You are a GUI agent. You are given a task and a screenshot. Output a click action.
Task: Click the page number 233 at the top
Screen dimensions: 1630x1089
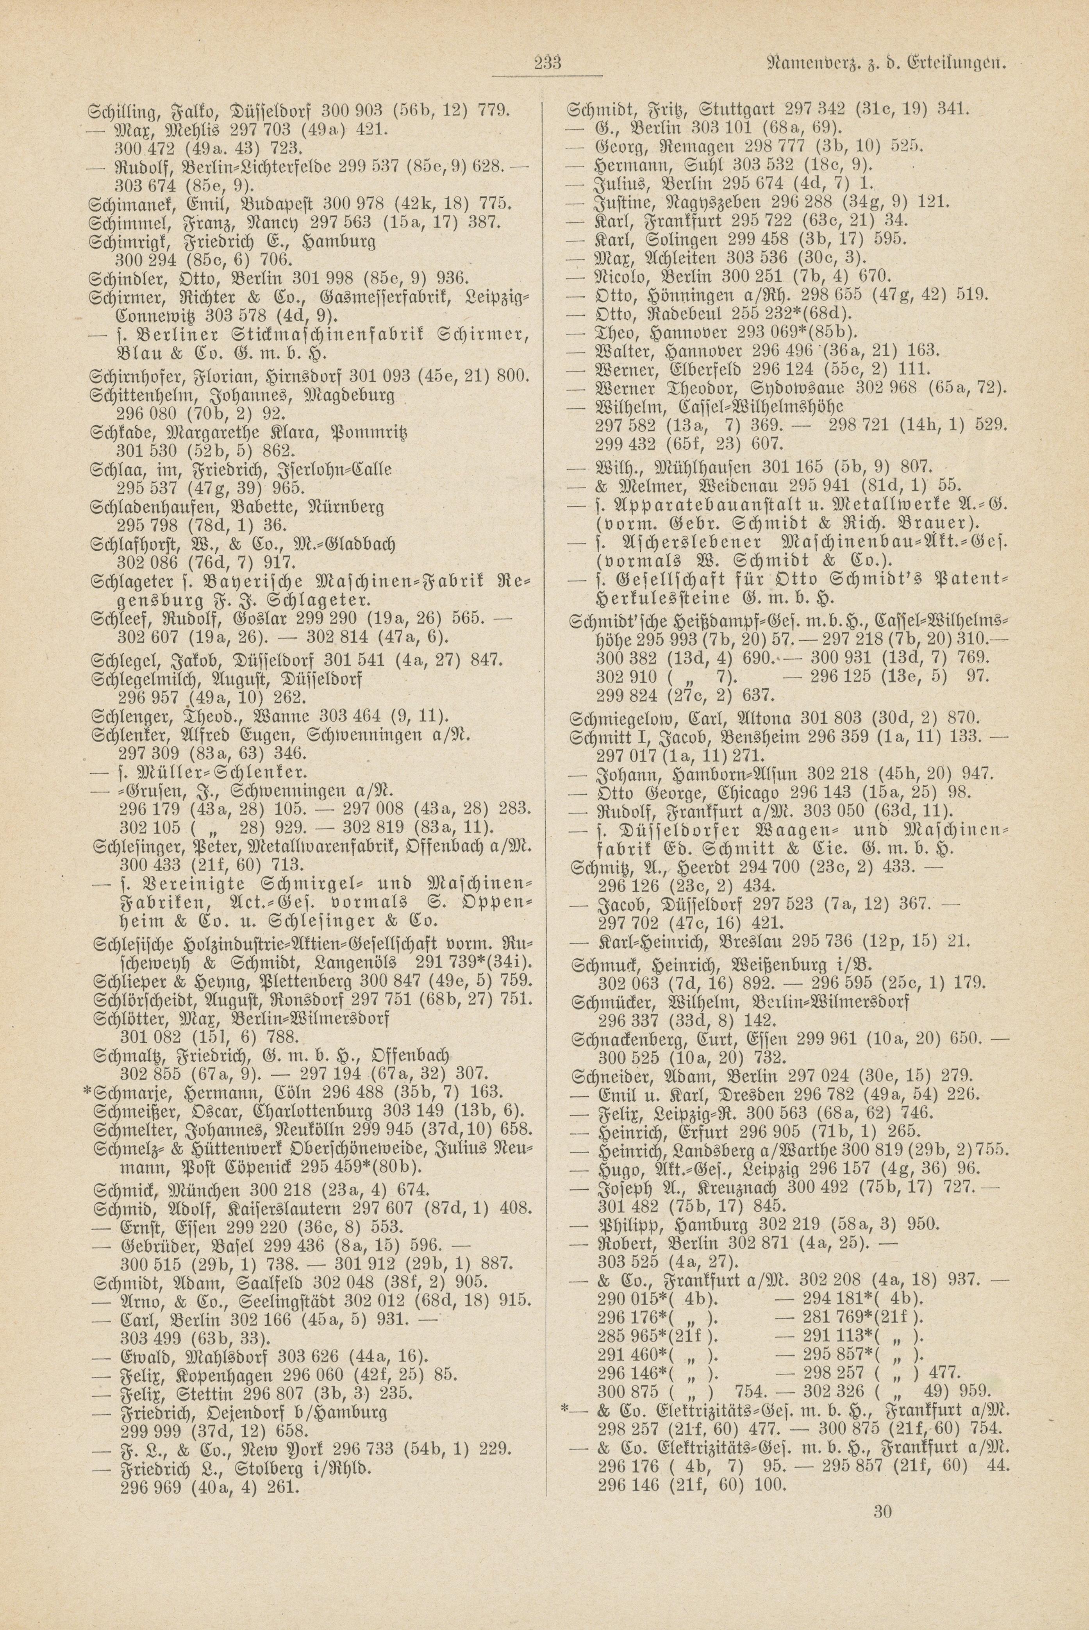tap(547, 64)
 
